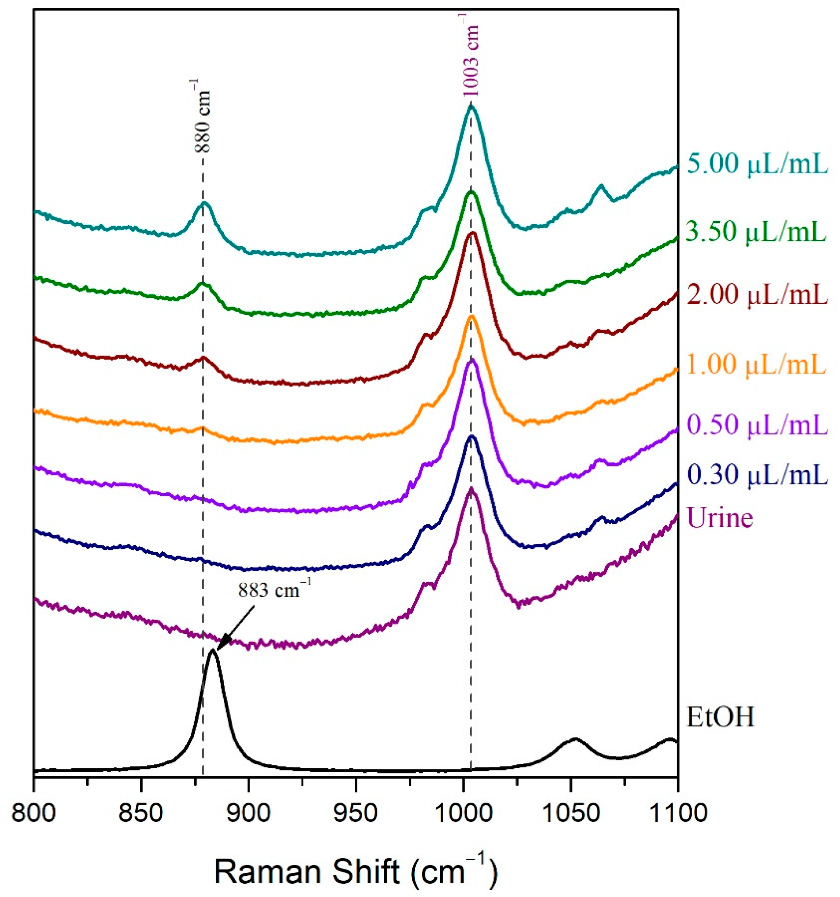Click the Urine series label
pos(720,518)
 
